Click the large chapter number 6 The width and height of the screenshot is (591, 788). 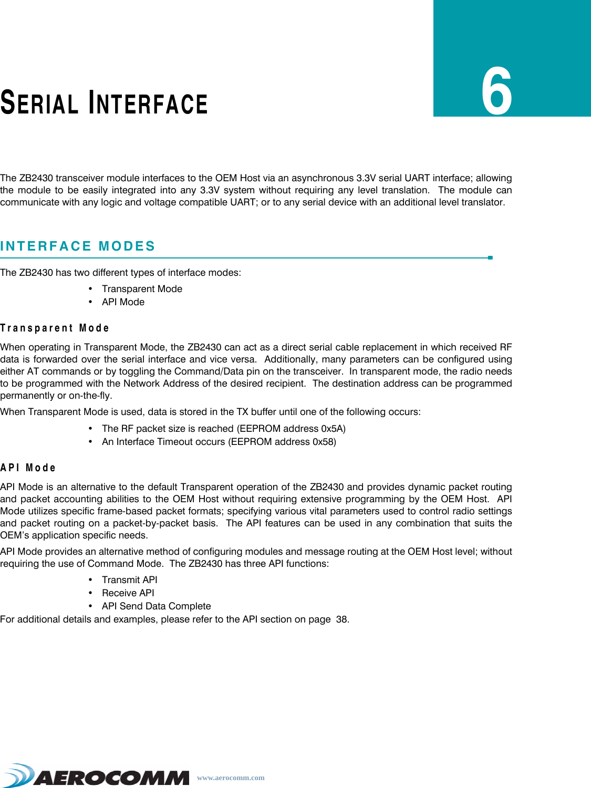click(496, 92)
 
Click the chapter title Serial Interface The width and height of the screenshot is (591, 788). click(104, 102)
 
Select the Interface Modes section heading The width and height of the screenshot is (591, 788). click(78, 246)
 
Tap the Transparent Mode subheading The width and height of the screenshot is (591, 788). click(55, 328)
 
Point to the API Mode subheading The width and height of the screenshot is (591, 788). click(28, 468)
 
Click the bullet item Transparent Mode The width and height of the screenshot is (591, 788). click(142, 289)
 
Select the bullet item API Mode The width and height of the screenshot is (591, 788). click(123, 302)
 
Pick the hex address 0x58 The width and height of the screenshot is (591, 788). click(323, 442)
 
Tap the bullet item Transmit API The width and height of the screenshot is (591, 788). click(129, 580)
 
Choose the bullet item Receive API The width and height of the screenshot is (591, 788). click(128, 593)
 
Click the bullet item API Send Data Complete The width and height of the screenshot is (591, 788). click(156, 606)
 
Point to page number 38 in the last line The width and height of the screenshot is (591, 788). click(342, 619)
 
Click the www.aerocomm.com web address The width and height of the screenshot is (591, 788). click(231, 777)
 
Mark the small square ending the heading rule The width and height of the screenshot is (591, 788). click(490, 258)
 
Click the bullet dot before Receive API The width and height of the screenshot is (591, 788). click(91, 593)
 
